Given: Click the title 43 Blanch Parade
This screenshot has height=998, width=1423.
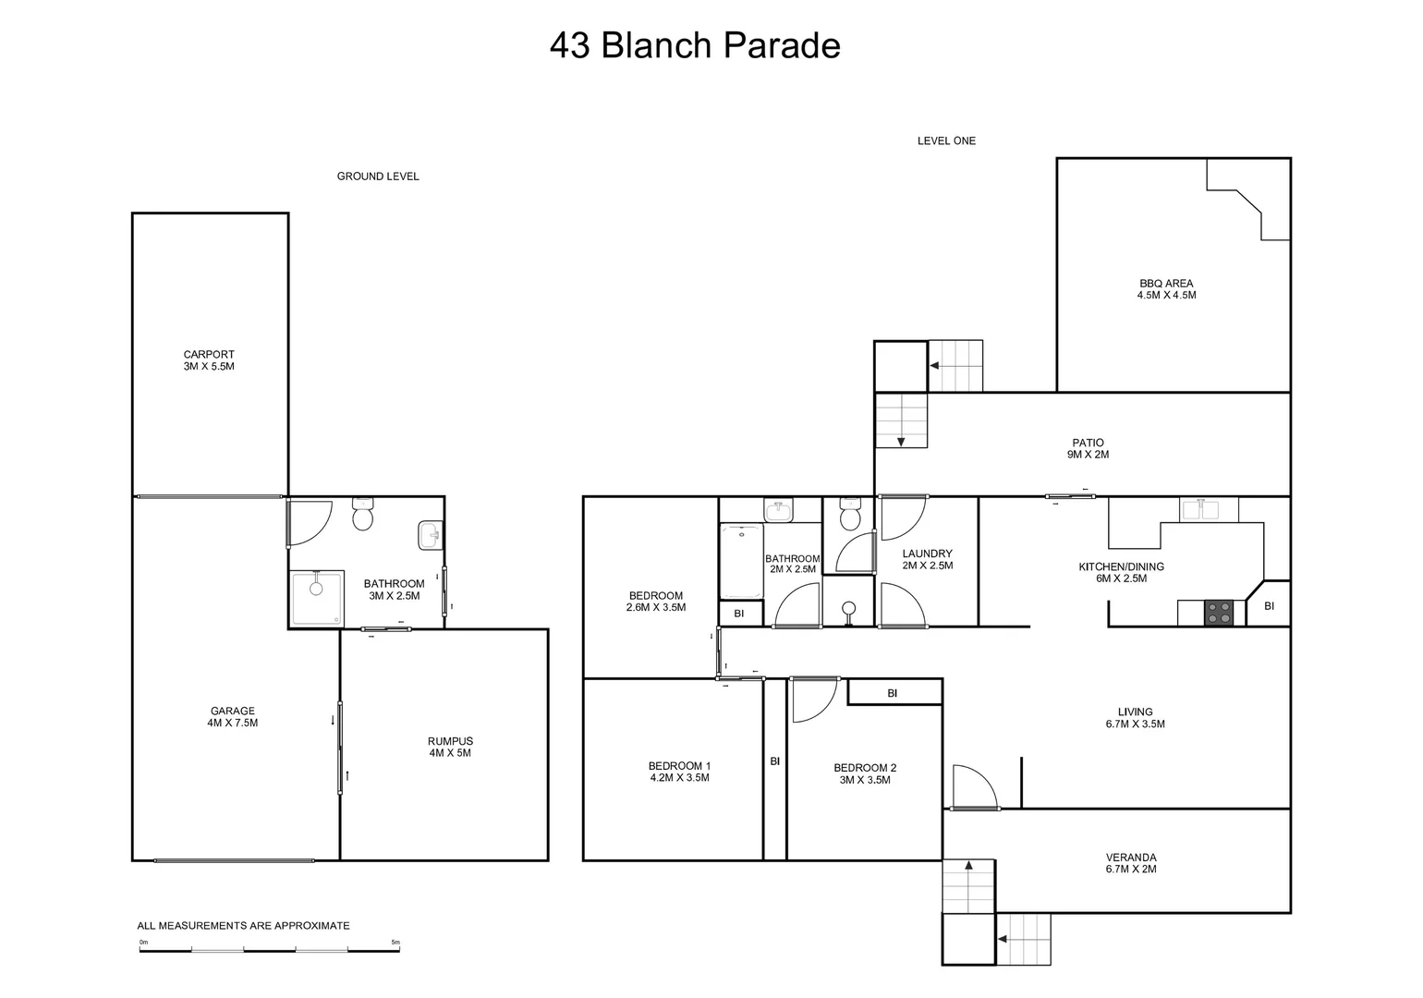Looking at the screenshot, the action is (x=695, y=45).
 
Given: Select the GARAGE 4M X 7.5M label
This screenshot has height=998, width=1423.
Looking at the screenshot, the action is (x=232, y=717).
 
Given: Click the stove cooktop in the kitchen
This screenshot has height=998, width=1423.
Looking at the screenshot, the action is (x=1219, y=613).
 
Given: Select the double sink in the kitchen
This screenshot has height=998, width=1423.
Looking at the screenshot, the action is (x=1209, y=508).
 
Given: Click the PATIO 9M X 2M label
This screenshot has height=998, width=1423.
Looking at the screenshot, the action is (x=1088, y=448).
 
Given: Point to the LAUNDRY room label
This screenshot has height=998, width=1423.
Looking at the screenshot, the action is (x=927, y=559).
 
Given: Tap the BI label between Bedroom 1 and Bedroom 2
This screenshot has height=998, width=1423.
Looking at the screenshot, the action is (x=775, y=761).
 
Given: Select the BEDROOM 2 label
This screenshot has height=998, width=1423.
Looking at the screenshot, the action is (x=865, y=773).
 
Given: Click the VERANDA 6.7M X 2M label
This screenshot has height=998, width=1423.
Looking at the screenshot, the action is (x=1131, y=863).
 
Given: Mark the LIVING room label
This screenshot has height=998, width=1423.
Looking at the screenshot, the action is (x=1135, y=718).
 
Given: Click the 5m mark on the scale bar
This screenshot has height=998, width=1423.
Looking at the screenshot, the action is (x=395, y=943).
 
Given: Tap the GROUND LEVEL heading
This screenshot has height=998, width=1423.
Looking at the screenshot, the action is (x=378, y=176).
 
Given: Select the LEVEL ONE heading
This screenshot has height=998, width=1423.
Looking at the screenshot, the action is (x=946, y=141).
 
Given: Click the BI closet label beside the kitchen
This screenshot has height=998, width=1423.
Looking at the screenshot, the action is (x=1269, y=606).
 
